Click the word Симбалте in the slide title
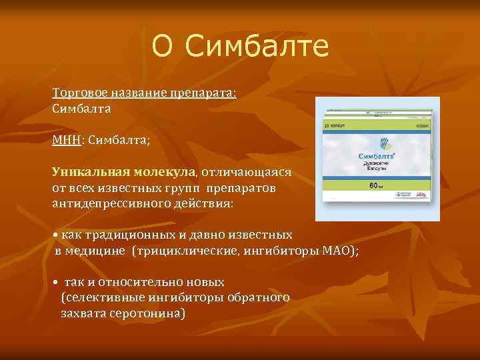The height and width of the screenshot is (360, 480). pyautogui.click(x=257, y=46)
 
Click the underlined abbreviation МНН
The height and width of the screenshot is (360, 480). pyautogui.click(x=66, y=140)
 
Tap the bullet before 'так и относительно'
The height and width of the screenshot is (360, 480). pyautogui.click(x=55, y=282)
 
